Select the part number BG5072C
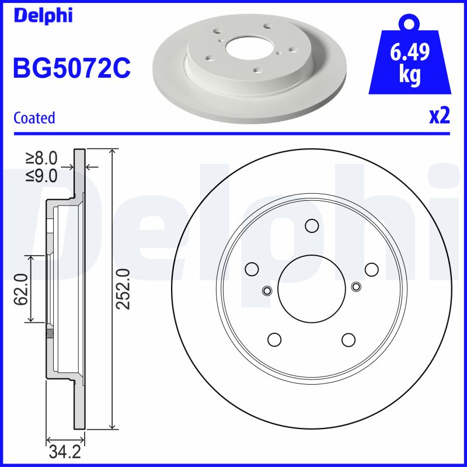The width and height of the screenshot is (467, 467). (71, 68)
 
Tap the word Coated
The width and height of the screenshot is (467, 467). (34, 118)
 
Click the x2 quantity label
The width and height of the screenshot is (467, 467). (439, 116)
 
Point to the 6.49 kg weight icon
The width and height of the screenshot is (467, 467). (410, 61)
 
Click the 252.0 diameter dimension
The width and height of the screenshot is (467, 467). (123, 288)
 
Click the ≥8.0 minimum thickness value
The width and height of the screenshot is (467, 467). (42, 158)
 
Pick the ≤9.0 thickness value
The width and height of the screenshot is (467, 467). (42, 175)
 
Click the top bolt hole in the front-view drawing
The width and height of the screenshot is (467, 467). (312, 226)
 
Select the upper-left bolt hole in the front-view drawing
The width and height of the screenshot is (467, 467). (252, 269)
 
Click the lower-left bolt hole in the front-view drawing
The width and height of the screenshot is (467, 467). (274, 339)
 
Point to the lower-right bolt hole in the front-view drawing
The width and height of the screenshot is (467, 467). (348, 339)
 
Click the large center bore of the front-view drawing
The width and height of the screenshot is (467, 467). (312, 288)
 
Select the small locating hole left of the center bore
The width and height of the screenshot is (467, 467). (267, 291)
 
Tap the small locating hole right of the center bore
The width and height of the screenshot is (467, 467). (357, 286)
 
